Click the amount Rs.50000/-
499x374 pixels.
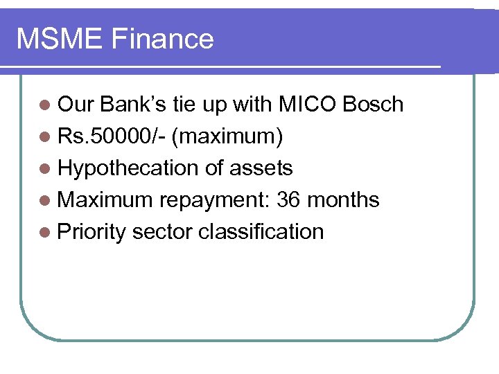click(111, 136)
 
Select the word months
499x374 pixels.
click(343, 200)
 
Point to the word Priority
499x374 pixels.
click(91, 232)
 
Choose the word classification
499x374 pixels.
click(261, 232)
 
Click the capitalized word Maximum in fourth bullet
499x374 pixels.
click(105, 200)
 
